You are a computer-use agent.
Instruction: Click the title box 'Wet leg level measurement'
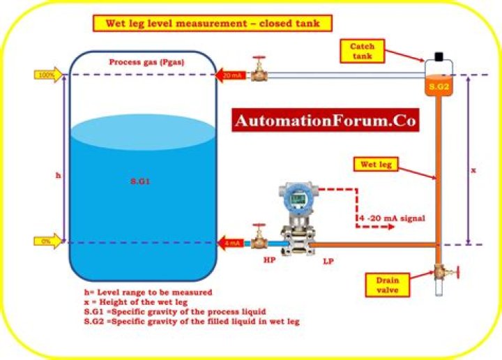[212, 24]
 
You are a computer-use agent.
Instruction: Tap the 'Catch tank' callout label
[362, 51]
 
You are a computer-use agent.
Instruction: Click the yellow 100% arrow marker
[48, 75]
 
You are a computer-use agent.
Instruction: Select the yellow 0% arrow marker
[47, 241]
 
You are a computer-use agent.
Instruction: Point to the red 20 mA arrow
[231, 75]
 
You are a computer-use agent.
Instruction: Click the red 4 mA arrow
[231, 243]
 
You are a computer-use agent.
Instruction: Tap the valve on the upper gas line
[259, 69]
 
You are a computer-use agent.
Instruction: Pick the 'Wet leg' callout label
[376, 165]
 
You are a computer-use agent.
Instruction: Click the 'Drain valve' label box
[388, 285]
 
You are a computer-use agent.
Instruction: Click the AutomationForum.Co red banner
[326, 120]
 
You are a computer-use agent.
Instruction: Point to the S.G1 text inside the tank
[140, 181]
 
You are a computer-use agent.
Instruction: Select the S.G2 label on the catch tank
[439, 86]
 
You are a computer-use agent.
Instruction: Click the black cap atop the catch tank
[439, 57]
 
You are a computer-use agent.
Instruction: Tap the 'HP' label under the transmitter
[269, 260]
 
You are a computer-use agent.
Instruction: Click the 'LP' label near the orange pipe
[328, 262]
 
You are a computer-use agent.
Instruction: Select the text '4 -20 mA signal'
[392, 218]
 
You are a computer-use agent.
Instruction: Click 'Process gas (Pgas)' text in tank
[147, 62]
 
